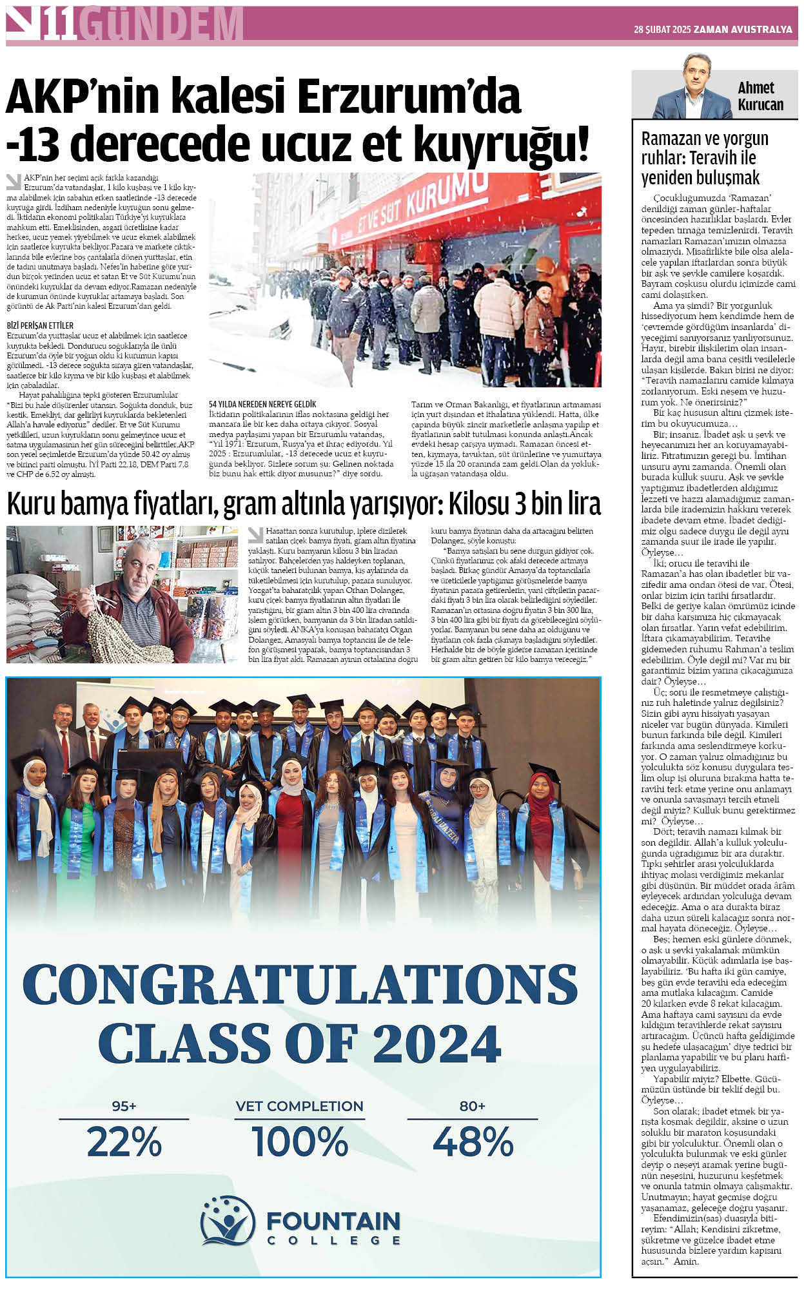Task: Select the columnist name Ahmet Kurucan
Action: coord(760,96)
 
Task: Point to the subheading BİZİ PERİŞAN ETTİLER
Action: coord(40,325)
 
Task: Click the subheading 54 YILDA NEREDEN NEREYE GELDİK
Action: coord(262,404)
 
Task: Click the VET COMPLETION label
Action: coord(300,1106)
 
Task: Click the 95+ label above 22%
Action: coord(124,1106)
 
